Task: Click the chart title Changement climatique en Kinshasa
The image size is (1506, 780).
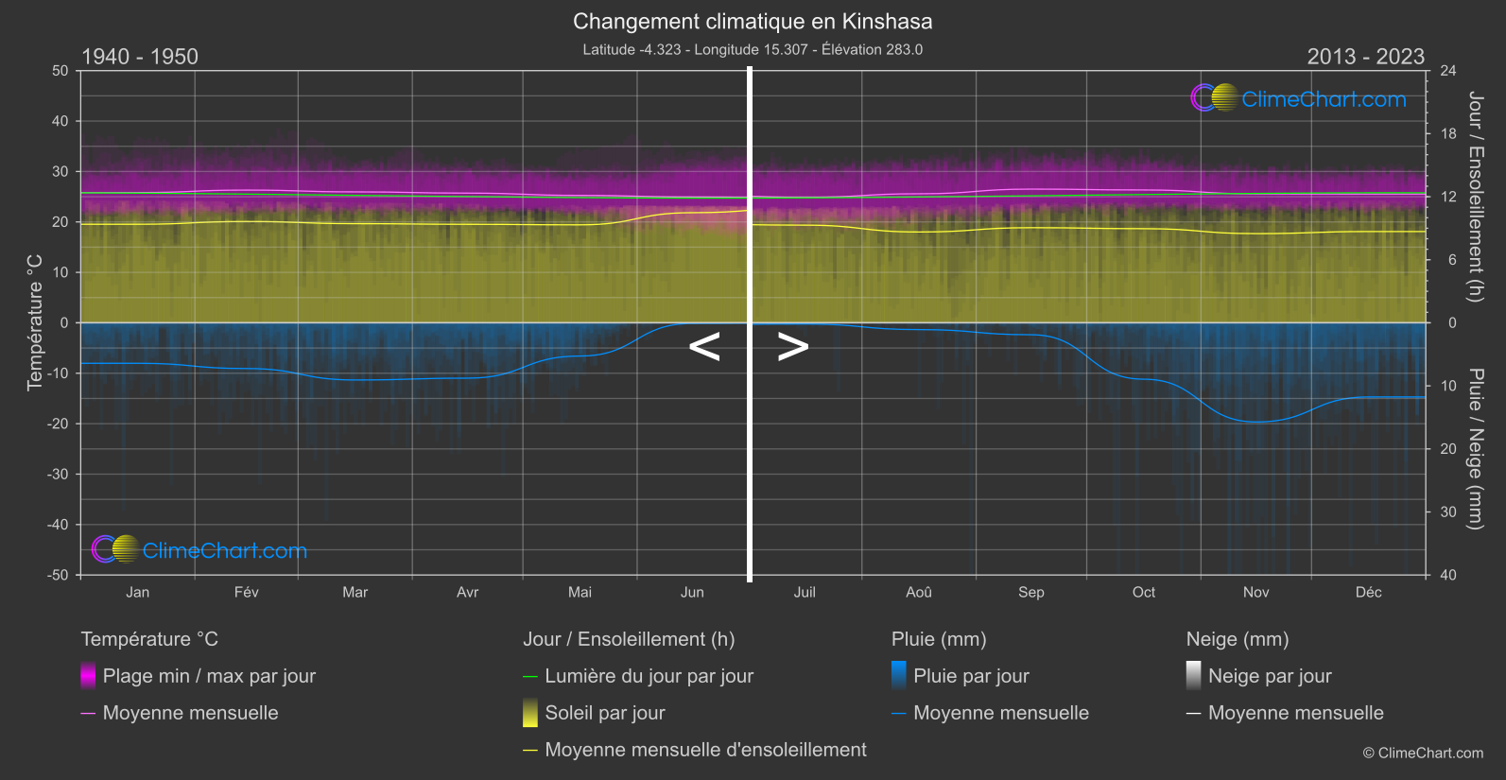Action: click(753, 21)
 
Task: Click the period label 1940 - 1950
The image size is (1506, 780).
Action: click(140, 57)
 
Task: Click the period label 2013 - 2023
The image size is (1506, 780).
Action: click(1365, 57)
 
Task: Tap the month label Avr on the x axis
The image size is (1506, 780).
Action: click(467, 592)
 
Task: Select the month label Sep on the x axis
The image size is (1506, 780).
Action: click(1030, 592)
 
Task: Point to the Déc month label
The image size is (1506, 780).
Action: click(1368, 592)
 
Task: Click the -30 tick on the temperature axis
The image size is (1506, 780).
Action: click(59, 474)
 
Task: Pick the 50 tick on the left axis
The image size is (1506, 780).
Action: click(61, 71)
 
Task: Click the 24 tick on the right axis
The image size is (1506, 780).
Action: click(1447, 71)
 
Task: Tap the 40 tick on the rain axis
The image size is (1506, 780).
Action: click(1447, 575)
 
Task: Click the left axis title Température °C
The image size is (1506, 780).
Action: click(35, 321)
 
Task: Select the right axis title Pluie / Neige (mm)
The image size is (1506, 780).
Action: click(1475, 448)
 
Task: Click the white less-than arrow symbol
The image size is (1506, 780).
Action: click(704, 347)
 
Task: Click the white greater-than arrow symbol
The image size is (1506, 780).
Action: click(792, 347)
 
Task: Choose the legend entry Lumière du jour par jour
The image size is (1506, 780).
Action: click(649, 676)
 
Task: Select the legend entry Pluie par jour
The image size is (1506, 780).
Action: click(970, 676)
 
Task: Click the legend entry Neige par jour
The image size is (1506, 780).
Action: click(1269, 676)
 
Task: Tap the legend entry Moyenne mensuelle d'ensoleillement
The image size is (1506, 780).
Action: click(705, 750)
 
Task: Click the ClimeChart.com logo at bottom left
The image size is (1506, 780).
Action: click(199, 550)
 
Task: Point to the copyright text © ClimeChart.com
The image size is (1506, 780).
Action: click(1423, 753)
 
